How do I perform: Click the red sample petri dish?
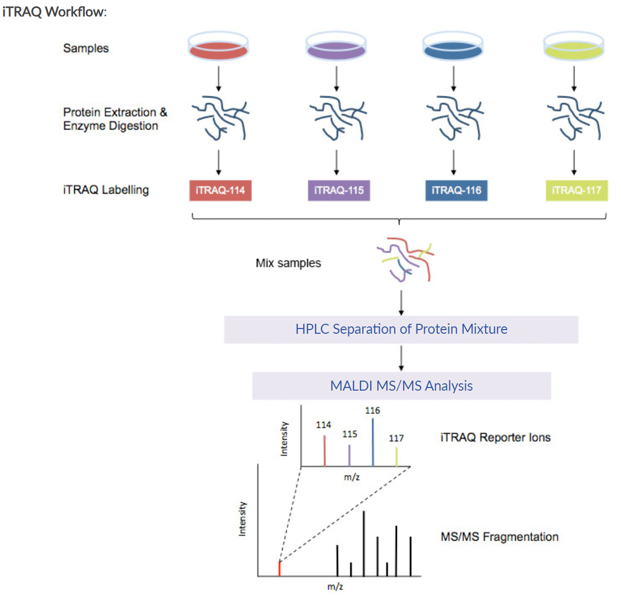pos(218,46)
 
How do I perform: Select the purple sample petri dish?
pos(336,46)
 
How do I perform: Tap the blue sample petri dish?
pos(453,46)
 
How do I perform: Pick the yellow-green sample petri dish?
pos(574,46)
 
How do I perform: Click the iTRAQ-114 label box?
pos(220,191)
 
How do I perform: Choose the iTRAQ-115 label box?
pos(339,191)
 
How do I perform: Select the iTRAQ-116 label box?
pos(456,191)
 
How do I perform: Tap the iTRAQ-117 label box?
pos(577,191)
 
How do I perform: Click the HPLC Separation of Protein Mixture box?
pos(401,330)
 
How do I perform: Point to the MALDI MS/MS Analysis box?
pos(402,386)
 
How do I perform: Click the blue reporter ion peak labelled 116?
pos(373,442)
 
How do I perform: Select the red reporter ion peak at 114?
pos(325,451)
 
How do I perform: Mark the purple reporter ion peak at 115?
pos(349,455)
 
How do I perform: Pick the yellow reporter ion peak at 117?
pos(396,457)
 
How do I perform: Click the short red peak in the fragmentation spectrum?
pos(279,569)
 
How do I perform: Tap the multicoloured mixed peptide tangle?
pos(405,260)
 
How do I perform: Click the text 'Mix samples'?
pos(288,263)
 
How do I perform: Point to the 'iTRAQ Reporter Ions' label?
pos(495,437)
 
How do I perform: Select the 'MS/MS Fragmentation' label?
pos(499,537)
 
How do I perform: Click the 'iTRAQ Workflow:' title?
pos(55,12)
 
